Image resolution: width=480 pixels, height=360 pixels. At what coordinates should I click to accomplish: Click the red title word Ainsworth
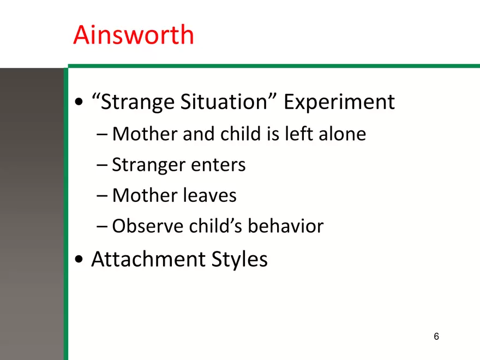click(x=134, y=35)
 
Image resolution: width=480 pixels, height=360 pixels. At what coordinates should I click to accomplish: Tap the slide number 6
click(x=436, y=337)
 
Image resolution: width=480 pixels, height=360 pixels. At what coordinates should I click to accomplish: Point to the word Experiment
click(x=339, y=102)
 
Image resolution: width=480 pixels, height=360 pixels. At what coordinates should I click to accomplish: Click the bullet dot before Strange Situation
click(x=79, y=101)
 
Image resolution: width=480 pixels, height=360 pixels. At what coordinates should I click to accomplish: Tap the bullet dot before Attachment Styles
click(x=79, y=259)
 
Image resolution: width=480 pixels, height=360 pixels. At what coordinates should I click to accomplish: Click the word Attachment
click(x=148, y=259)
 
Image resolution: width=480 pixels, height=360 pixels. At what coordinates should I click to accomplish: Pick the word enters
click(x=218, y=165)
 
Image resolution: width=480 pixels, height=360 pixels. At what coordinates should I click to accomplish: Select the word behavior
click(x=285, y=226)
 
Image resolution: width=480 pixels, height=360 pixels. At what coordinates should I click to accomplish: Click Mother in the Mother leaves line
click(x=145, y=195)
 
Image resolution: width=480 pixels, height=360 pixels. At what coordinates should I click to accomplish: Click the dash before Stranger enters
click(x=102, y=165)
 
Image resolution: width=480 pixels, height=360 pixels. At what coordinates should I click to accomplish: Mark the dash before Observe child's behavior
click(x=102, y=226)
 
